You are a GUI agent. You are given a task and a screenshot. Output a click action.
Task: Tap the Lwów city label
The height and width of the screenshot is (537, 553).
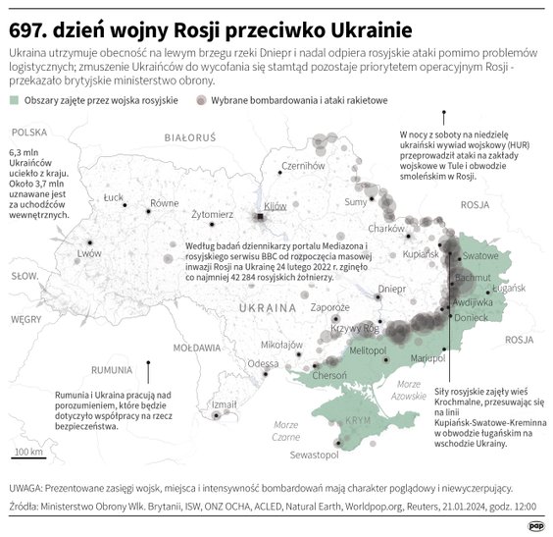pyautogui.click(x=89, y=252)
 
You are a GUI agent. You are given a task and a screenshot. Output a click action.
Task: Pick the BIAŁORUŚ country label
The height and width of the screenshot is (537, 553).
pyautogui.click(x=190, y=138)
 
